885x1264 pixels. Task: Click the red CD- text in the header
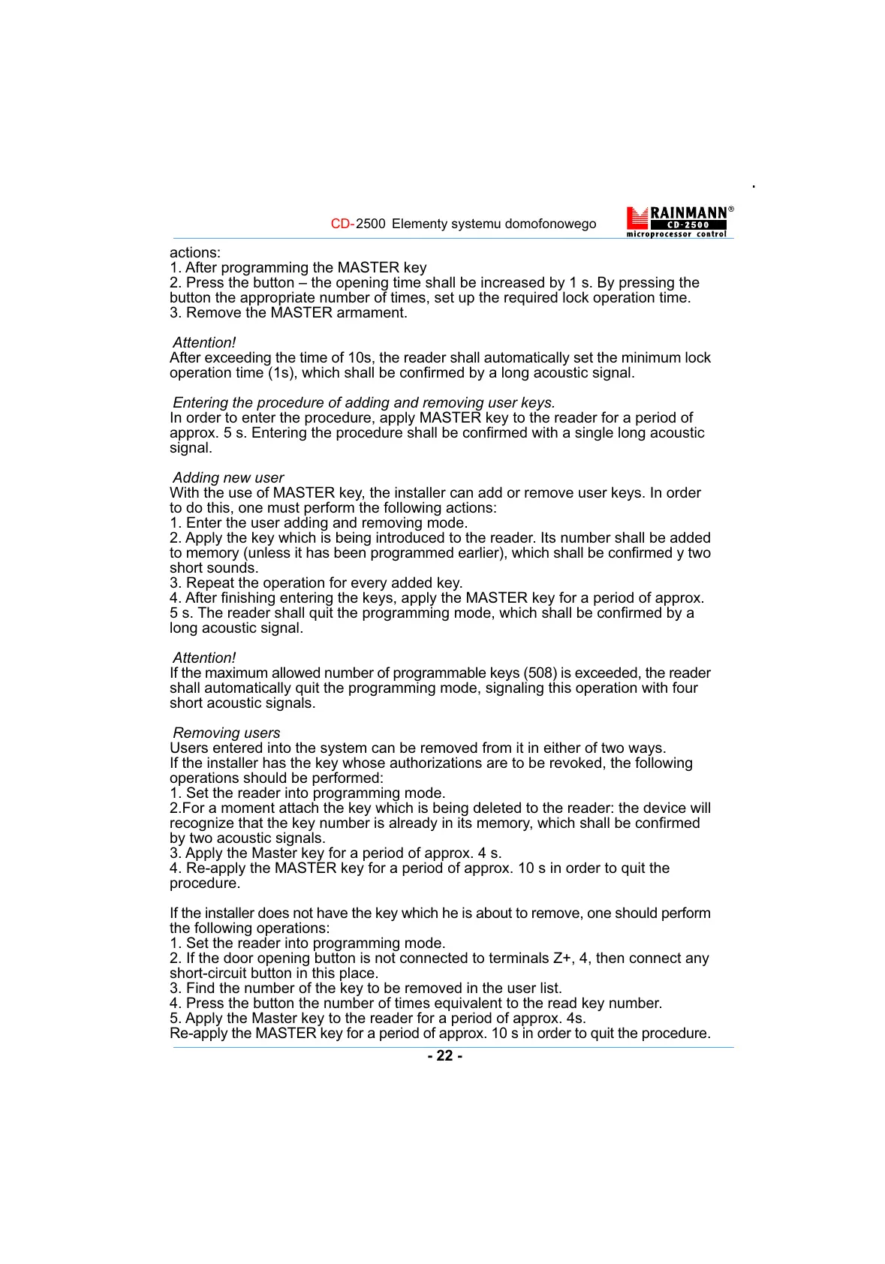(x=342, y=224)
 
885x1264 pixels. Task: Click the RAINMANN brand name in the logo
(x=688, y=213)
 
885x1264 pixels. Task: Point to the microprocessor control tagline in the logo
(x=676, y=234)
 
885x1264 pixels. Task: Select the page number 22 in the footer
(x=444, y=1055)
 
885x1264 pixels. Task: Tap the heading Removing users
(x=227, y=733)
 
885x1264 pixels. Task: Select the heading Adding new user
(x=228, y=477)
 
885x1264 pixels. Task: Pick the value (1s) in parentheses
(x=283, y=373)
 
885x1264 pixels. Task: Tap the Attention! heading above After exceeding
(x=204, y=342)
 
